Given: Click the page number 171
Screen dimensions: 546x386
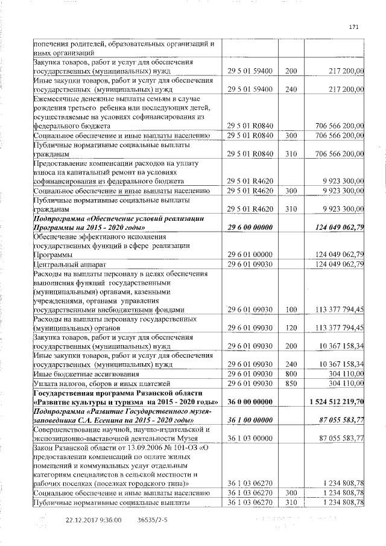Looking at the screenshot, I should (x=354, y=26).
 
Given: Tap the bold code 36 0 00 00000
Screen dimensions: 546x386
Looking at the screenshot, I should (x=250, y=401).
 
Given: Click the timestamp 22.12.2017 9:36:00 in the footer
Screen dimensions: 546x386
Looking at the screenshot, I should (x=93, y=519).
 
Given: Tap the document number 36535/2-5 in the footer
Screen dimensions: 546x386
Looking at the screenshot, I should (x=153, y=519).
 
